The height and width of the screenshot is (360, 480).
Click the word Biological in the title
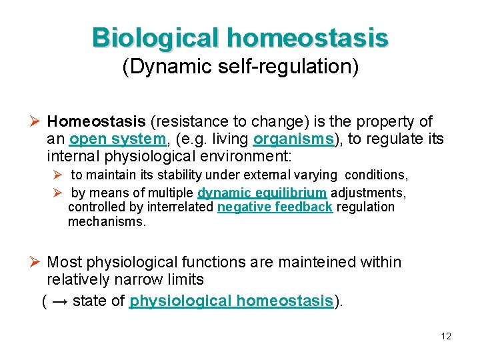[156, 38]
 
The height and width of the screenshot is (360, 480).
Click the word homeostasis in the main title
[307, 38]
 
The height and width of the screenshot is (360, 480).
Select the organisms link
[293, 139]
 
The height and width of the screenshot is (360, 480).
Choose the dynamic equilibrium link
[262, 193]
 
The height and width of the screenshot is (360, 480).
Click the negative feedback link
[275, 207]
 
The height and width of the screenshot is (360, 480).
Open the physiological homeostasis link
[231, 301]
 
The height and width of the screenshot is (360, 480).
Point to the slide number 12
[445, 336]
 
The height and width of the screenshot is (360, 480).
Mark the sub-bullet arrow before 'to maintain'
[58, 175]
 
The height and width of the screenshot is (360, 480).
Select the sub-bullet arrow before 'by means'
[58, 193]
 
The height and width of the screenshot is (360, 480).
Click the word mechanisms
[106, 222]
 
